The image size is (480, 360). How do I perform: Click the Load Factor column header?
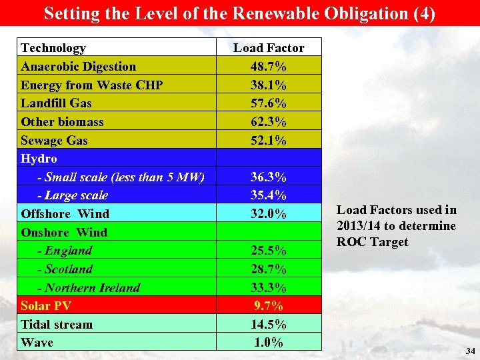(269, 48)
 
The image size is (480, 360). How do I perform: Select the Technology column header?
(53, 48)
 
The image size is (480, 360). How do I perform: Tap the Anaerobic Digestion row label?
(78, 67)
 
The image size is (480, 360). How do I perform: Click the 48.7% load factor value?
(269, 67)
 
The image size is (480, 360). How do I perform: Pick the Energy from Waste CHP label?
(91, 85)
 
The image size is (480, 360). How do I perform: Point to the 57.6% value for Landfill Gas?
(269, 103)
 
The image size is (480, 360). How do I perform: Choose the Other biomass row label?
(62, 122)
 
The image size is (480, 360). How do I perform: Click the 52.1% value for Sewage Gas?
(269, 141)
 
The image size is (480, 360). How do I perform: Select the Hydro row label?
(39, 159)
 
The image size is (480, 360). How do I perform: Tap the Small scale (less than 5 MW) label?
(121, 177)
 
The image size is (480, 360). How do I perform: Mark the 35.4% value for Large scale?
(269, 195)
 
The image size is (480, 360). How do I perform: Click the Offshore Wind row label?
(65, 214)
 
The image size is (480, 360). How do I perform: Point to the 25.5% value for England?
(269, 251)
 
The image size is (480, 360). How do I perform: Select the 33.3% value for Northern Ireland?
(269, 288)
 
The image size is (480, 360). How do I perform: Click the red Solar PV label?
(46, 306)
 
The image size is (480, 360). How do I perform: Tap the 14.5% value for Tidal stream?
(269, 325)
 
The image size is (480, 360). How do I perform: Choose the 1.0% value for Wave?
(269, 343)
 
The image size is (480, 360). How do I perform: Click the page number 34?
(470, 351)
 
